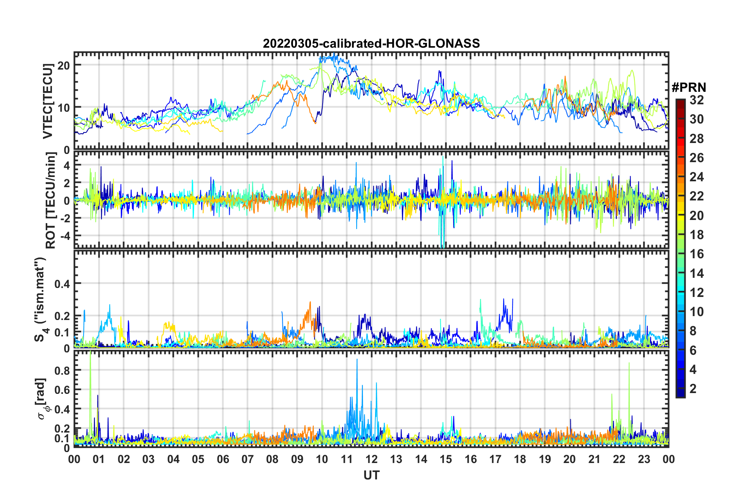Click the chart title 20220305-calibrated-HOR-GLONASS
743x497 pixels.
(371, 43)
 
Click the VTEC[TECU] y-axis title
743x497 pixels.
(48, 101)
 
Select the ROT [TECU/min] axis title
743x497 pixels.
(51, 200)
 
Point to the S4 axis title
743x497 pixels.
(41, 299)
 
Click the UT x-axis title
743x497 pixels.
(371, 475)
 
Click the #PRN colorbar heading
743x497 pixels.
(689, 88)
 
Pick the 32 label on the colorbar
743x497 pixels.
(697, 100)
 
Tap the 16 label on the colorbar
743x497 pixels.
(697, 254)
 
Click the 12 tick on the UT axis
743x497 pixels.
(371, 459)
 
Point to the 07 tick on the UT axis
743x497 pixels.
(247, 459)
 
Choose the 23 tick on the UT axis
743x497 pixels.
(644, 459)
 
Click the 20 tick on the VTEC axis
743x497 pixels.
(64, 65)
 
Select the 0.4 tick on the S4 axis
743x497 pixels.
(62, 284)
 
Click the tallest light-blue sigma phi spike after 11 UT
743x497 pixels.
(357, 360)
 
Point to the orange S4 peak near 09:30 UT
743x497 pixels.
(310, 302)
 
